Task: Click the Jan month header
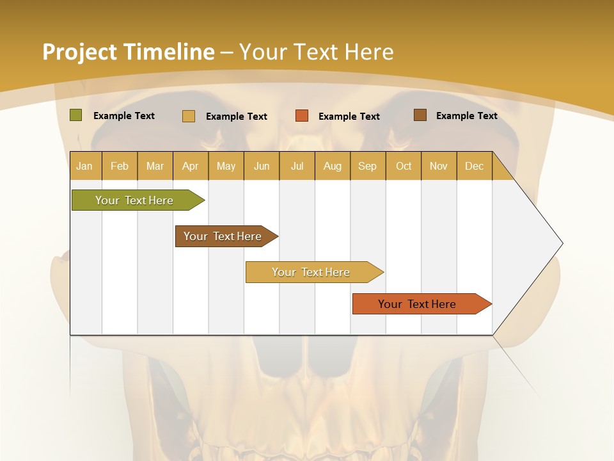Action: point(84,166)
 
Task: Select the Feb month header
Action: point(120,166)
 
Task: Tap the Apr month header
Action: point(190,166)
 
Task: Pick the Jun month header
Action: point(262,166)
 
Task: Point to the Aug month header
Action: point(332,166)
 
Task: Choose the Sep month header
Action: point(367,166)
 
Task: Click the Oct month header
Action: point(404,166)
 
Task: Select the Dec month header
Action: point(474,166)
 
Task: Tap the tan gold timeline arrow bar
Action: point(311,272)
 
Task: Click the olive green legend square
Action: point(75,115)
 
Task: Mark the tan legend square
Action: point(189,116)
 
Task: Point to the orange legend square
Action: point(302,116)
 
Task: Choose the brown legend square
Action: point(420,115)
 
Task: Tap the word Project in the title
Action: point(79,52)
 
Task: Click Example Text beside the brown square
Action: point(466,115)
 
